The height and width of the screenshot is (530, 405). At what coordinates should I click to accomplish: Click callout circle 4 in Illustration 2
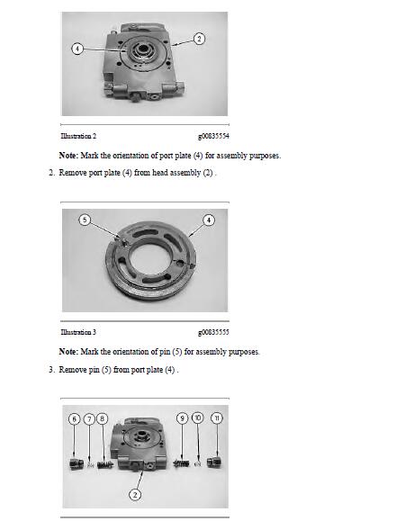tap(77, 49)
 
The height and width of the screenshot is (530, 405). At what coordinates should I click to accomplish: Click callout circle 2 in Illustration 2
tap(199, 39)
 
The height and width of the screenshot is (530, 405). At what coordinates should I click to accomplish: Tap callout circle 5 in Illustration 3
tap(85, 220)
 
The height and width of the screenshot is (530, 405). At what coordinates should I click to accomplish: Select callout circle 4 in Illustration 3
tap(209, 220)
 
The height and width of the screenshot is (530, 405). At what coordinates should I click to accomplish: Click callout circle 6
tap(75, 419)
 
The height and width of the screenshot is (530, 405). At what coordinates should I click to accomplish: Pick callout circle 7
tap(89, 419)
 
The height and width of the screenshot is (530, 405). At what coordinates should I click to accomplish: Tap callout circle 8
tap(102, 418)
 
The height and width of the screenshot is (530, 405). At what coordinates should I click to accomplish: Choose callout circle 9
tap(182, 418)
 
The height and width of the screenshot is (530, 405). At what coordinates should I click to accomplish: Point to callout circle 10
tap(198, 418)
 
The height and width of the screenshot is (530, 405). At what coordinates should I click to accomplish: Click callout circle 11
tap(217, 418)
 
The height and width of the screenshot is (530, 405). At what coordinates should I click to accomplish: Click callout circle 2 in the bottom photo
tap(135, 495)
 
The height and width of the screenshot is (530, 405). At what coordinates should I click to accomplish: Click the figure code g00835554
tap(213, 136)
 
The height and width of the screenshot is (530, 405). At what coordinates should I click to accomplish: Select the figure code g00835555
tap(213, 332)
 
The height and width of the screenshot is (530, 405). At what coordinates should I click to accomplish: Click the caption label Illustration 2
tap(78, 136)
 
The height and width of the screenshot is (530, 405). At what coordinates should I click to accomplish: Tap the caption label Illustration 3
tap(78, 332)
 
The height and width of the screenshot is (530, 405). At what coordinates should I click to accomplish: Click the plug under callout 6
tap(76, 463)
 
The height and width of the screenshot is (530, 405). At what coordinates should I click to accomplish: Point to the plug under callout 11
tap(214, 462)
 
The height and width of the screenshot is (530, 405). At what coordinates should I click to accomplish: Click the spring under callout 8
tap(105, 465)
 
